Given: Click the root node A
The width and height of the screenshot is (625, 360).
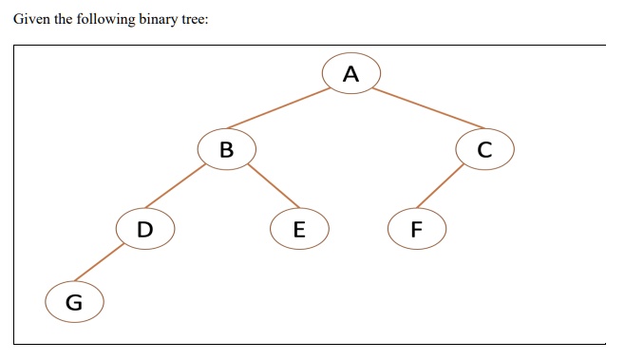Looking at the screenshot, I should coord(351,73).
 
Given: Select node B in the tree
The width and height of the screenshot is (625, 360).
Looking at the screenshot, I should coord(226,149).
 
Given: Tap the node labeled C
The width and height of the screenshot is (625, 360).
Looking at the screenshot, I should coord(485,149).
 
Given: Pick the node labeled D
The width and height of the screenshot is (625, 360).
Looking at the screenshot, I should coord(144,228).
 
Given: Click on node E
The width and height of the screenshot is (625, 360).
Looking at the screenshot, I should coord(299,229).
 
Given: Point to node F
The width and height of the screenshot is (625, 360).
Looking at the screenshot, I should coord(416,229).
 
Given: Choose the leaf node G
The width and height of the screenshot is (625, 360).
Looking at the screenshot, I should coord(73,303).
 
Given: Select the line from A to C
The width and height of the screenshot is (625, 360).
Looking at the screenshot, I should coord(427,108).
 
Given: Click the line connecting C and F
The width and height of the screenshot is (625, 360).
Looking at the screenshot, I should coord(442,187).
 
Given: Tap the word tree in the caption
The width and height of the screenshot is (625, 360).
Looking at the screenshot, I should coord(192,20).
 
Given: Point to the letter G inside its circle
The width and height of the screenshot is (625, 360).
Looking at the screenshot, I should coord(73,303).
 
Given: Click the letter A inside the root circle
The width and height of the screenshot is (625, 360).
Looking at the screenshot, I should coord(351,73).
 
